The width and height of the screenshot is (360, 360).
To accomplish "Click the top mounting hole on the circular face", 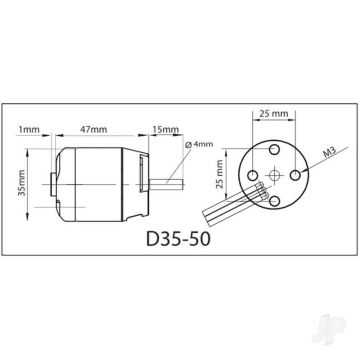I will pyautogui.click(x=271, y=149).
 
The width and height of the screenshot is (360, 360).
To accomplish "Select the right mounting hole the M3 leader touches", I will pyautogui.click(x=297, y=175).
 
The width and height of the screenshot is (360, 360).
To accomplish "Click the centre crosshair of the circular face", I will pyautogui.click(x=271, y=175).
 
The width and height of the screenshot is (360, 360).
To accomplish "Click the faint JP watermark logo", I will pyautogui.click(x=338, y=340).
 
